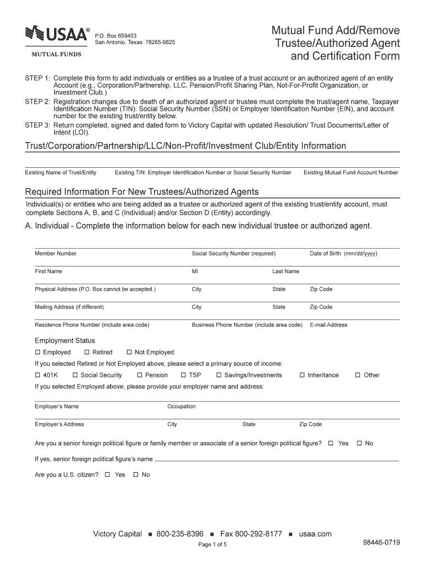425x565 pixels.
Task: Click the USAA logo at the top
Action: pos(57,34)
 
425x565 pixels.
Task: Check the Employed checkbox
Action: pos(38,352)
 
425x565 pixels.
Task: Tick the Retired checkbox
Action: pos(87,352)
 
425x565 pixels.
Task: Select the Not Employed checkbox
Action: pos(129,352)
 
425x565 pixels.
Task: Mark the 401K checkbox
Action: pos(38,375)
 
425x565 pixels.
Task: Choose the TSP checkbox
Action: pos(183,375)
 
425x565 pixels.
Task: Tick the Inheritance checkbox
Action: pos(302,375)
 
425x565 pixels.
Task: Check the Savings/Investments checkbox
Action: pos(219,375)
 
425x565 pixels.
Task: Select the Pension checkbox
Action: pos(140,375)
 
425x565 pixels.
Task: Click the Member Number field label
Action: pos(56,254)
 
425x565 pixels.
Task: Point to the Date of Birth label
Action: pos(343,254)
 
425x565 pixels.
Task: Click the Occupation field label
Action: pos(181,407)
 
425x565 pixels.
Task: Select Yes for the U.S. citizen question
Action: pos(108,475)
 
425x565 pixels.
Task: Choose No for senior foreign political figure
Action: pos(359,443)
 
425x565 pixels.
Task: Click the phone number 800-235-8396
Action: pos(180,534)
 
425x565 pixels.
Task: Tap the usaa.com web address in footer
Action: pos(315,534)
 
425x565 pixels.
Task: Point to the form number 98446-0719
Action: pos(381,542)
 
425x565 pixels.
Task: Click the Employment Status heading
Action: pos(65,340)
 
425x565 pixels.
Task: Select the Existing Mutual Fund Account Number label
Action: pos(350,173)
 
